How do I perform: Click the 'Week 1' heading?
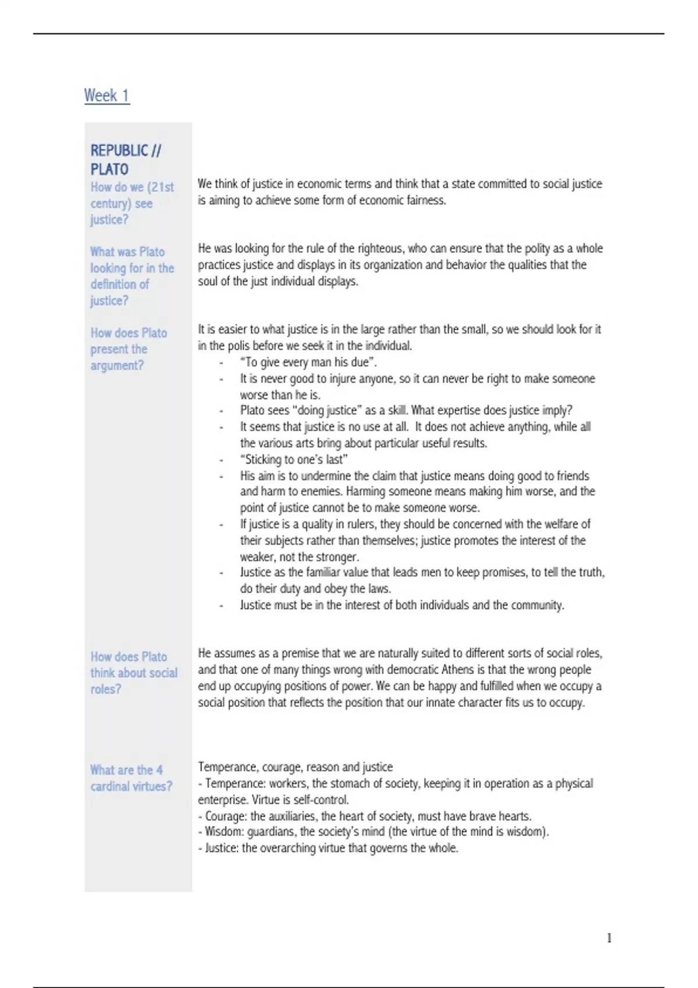(107, 95)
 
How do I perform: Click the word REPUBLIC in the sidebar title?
(119, 151)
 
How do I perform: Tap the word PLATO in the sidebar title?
(109, 169)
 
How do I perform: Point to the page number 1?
(609, 938)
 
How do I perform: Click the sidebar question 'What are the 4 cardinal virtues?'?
(131, 778)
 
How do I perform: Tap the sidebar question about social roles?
(134, 673)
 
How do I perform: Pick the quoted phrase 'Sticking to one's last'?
(294, 459)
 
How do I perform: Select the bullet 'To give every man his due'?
(308, 362)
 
